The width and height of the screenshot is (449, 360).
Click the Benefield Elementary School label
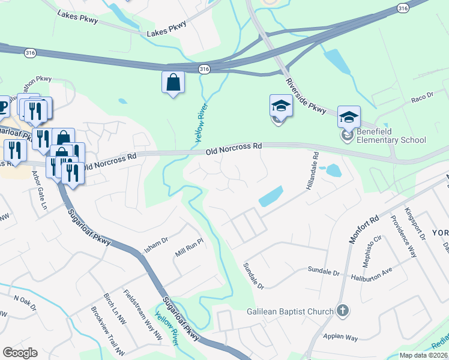tap(391, 136)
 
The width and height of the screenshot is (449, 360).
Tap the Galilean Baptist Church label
tap(290, 311)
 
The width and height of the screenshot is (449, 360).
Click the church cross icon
tap(342, 311)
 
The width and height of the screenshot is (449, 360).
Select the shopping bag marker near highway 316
tap(173, 83)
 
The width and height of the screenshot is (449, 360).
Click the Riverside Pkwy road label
tap(306, 96)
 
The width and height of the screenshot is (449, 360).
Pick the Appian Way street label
tap(340, 338)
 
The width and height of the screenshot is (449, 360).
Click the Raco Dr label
tap(421, 101)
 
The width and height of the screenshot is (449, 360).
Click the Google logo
tap(20, 352)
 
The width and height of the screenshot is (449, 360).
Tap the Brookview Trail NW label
tap(107, 331)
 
